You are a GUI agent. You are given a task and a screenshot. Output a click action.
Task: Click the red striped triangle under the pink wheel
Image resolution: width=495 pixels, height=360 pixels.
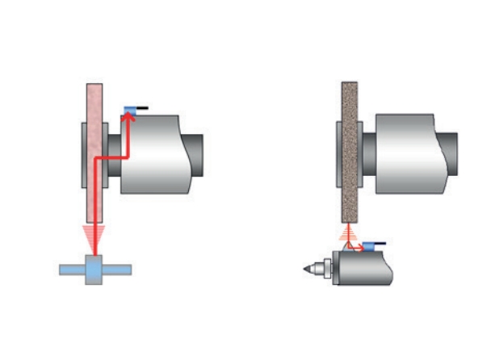tap(94, 238)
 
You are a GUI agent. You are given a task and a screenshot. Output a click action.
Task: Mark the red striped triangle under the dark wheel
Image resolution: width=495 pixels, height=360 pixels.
tap(349, 234)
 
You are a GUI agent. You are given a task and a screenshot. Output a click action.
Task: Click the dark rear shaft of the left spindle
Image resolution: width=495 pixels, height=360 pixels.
tap(196, 153)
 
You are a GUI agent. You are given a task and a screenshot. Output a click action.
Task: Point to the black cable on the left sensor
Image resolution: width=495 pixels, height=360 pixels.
tap(142, 107)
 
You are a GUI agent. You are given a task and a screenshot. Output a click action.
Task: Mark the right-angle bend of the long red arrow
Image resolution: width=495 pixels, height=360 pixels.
tap(96, 160)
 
